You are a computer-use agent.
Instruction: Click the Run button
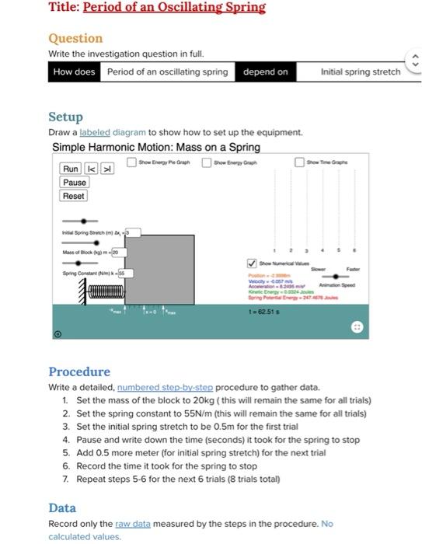point(71,169)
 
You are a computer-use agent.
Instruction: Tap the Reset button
point(74,196)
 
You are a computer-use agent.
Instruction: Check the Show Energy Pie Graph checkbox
point(132,162)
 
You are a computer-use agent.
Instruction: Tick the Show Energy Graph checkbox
point(207,162)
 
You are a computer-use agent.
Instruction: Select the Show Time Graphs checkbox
point(299,162)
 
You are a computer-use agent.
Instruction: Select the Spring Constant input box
point(125,274)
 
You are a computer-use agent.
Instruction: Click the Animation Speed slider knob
point(336,275)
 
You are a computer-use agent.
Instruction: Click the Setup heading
point(65,117)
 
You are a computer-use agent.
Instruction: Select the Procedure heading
point(79,371)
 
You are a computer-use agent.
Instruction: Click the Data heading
point(62,507)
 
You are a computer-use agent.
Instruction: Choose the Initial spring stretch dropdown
point(361,71)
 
